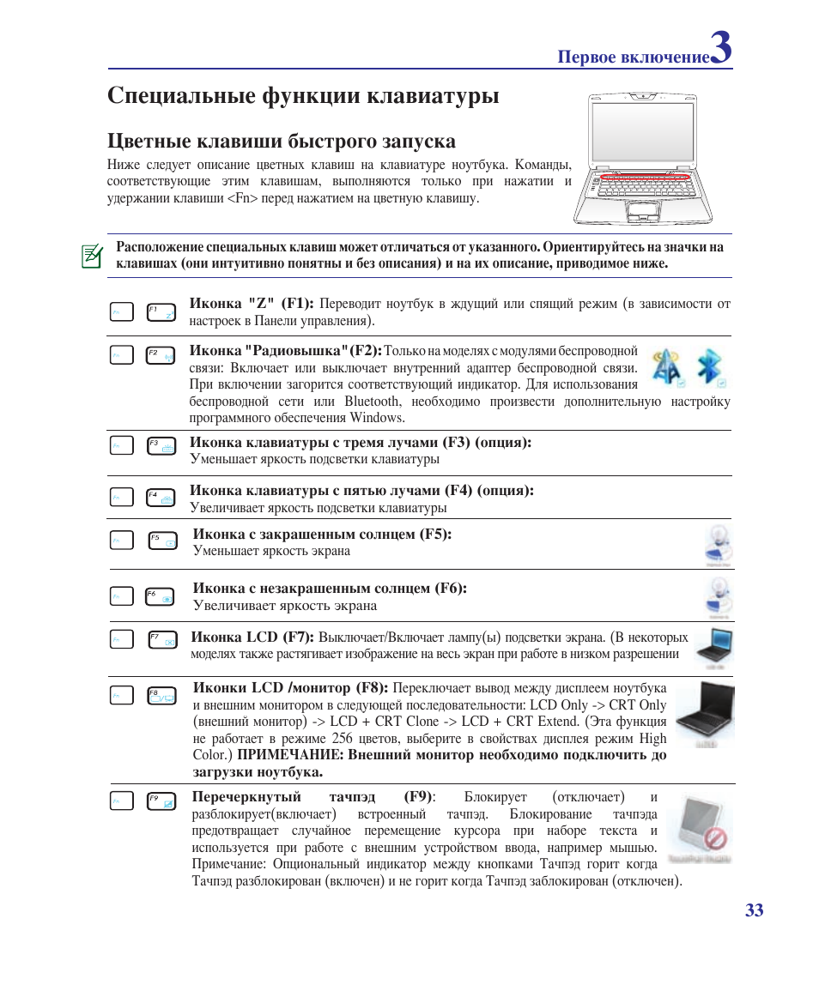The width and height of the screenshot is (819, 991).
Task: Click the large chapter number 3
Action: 721,48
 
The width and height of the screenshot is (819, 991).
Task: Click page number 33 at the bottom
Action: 754,910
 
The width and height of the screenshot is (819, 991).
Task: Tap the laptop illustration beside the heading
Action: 653,158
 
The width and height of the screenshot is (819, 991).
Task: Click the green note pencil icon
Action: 92,256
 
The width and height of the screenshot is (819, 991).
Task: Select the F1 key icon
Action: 161,311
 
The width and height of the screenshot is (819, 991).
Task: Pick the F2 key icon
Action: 161,355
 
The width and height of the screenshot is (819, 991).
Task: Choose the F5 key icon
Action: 162,540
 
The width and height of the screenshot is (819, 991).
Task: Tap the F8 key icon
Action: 161,696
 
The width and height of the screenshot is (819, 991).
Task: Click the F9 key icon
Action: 161,801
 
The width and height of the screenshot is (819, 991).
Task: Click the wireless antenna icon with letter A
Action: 666,367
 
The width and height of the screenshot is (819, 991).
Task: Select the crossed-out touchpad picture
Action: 699,828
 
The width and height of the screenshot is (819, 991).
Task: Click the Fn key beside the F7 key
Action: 122,639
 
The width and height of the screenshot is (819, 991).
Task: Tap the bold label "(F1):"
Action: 297,304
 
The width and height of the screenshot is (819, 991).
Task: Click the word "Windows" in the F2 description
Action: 377,418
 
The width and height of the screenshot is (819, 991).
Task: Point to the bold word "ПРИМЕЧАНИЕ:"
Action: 290,755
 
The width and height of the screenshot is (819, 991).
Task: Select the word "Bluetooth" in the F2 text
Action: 372,402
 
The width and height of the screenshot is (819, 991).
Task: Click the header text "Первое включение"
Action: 634,57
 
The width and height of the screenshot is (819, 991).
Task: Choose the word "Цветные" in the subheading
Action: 149,141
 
